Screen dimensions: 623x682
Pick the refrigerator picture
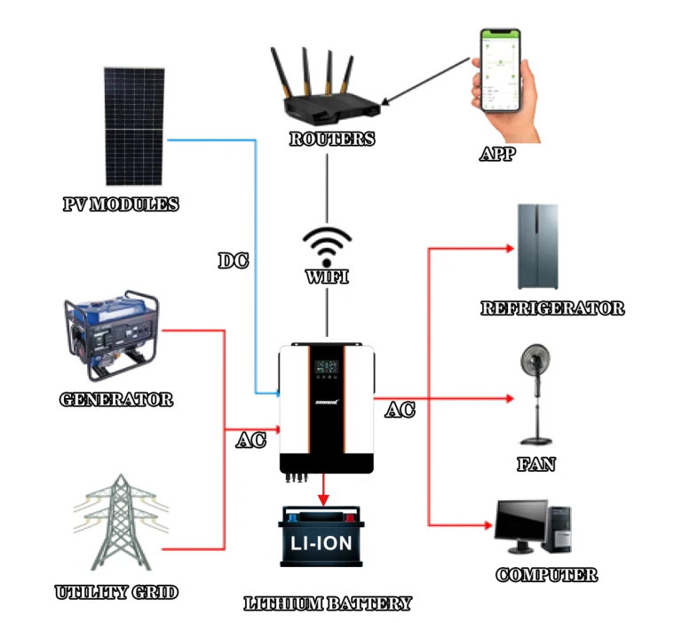(x=538, y=247)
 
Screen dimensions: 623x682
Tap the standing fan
(x=538, y=395)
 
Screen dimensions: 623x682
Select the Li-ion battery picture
(x=321, y=538)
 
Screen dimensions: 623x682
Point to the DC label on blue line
(x=234, y=260)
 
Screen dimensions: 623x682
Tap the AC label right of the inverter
(x=400, y=411)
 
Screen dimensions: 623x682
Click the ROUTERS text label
(x=332, y=140)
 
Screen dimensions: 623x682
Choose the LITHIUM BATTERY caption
(x=329, y=604)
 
